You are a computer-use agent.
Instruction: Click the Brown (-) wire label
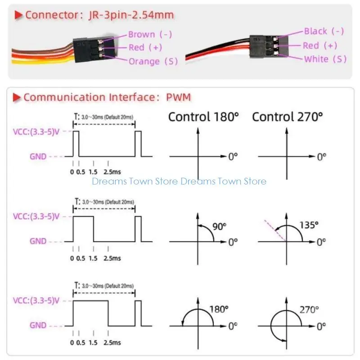[x=150, y=34]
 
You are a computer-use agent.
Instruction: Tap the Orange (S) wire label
[x=153, y=61]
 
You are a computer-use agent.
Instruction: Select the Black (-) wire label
[x=324, y=31]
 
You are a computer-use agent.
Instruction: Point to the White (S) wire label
[x=325, y=59]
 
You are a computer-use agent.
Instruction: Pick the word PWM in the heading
[x=179, y=97]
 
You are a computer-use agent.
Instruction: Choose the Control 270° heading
[x=288, y=117]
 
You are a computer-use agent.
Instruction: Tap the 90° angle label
[x=219, y=226]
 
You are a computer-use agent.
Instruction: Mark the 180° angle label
[x=219, y=309]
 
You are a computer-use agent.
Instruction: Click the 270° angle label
[x=309, y=309]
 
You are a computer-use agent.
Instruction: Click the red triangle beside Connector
[x=19, y=15]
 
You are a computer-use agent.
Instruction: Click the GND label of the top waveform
[x=38, y=157]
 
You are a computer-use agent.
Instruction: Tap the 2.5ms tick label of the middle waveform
[x=112, y=258]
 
